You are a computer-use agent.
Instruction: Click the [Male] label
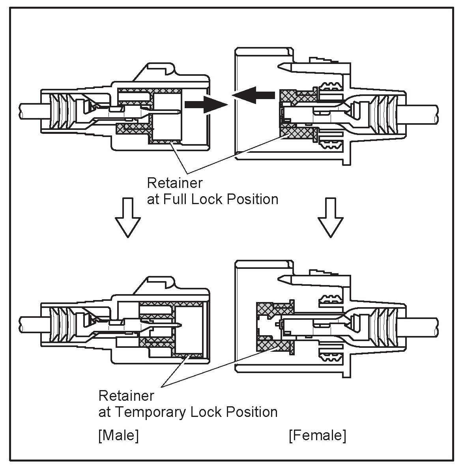[x=118, y=435]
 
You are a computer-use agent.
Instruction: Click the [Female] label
[x=317, y=435]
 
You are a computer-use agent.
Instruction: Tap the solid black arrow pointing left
[x=253, y=95]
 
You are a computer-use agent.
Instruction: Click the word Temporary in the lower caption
[x=152, y=412]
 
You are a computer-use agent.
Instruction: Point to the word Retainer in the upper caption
[x=174, y=183]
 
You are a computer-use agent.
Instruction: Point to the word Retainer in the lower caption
[x=126, y=395]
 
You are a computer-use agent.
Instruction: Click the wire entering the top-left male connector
[x=30, y=112]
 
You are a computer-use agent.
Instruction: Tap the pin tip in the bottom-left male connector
[x=180, y=326]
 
